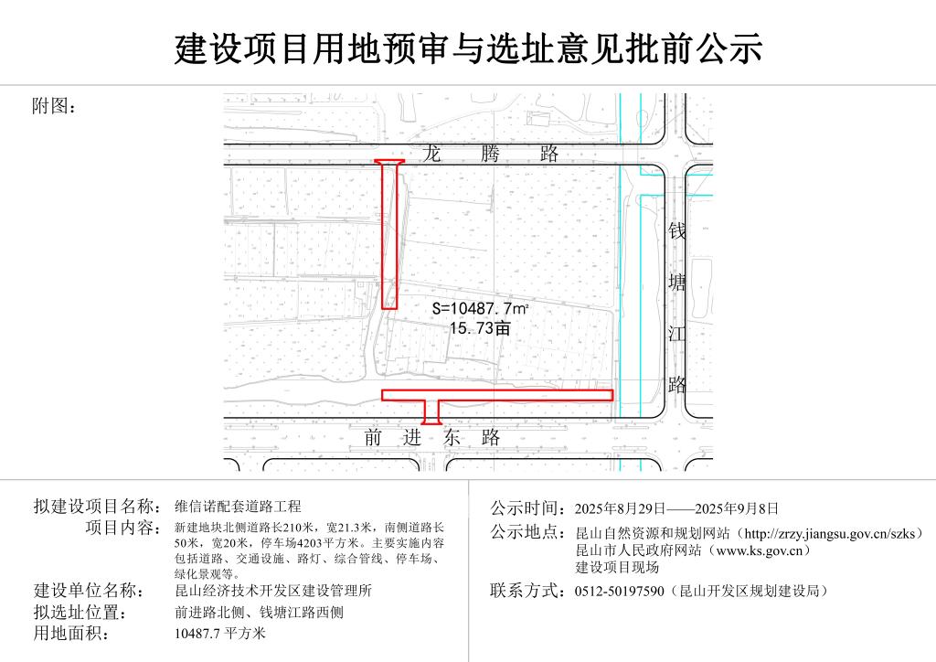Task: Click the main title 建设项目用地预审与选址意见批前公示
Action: [468, 48]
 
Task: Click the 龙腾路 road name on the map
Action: [490, 154]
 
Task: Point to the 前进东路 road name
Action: [431, 438]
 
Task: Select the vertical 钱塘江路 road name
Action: [676, 307]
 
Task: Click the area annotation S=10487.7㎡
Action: [480, 309]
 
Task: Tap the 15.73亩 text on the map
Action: [480, 327]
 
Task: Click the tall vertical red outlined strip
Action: [389, 234]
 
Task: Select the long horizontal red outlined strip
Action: [497, 395]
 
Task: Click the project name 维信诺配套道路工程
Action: [238, 507]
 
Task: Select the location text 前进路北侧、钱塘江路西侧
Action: [259, 612]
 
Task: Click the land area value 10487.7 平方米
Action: [219, 634]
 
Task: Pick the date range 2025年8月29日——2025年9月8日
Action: [676, 508]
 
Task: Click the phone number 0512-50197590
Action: [619, 591]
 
